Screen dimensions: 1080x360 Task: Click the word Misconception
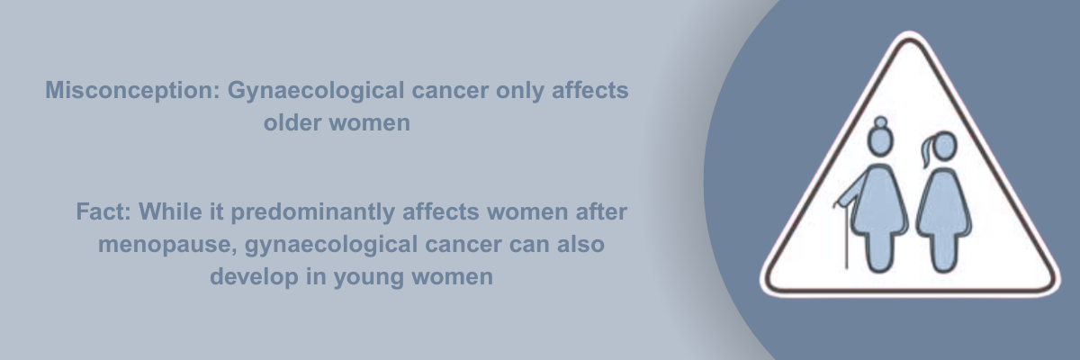(132, 91)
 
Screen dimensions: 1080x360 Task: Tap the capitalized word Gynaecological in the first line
(316, 91)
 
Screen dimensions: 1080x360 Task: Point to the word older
(292, 122)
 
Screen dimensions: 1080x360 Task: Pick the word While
(170, 211)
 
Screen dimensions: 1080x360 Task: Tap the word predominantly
(313, 212)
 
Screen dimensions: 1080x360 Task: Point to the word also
(580, 244)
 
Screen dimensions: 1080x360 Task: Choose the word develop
(254, 276)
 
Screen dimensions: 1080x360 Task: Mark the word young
(369, 277)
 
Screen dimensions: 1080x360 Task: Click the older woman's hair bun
(880, 122)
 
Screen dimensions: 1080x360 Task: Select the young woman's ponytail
(927, 151)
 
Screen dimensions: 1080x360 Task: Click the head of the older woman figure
(880, 141)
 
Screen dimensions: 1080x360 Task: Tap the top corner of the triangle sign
(909, 36)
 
